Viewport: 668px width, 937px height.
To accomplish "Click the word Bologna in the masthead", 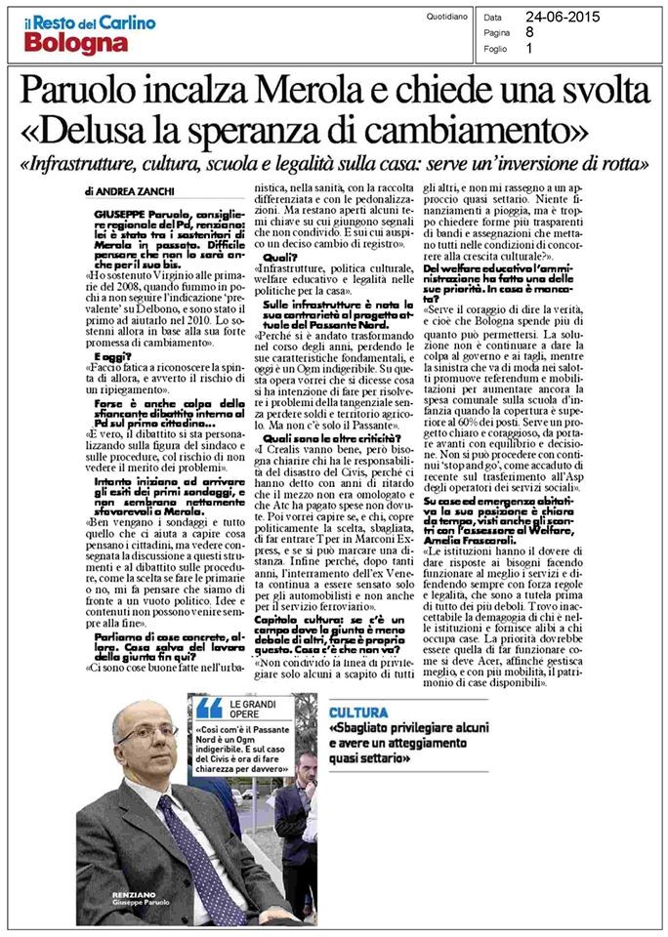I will pos(76,44).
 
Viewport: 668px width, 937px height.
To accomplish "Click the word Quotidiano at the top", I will pos(447,17).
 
